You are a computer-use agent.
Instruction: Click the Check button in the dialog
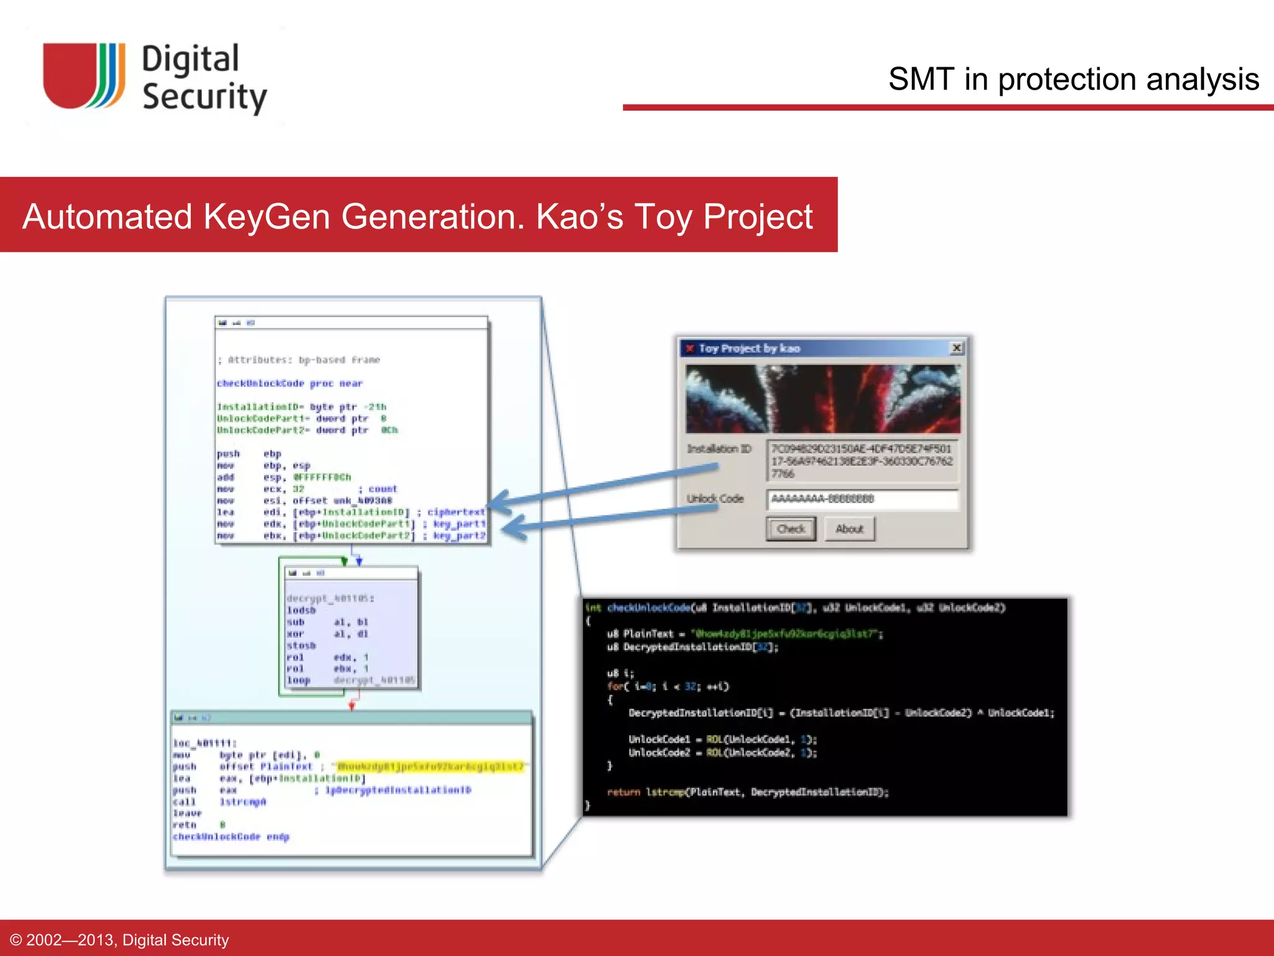[x=791, y=529]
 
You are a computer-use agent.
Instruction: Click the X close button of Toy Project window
[x=957, y=348]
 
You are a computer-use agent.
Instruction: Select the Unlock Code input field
[x=862, y=499]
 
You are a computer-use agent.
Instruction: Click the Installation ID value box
[x=862, y=461]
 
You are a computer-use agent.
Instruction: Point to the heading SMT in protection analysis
[x=1073, y=80]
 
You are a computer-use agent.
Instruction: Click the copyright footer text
[x=119, y=940]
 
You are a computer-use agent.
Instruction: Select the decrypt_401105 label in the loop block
[x=330, y=598]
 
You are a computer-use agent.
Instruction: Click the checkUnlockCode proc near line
[x=290, y=383]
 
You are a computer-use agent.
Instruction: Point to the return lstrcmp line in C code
[x=748, y=792]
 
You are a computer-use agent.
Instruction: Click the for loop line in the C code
[x=667, y=687]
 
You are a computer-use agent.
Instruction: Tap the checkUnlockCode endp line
[x=231, y=837]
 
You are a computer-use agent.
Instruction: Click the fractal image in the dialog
[x=822, y=399]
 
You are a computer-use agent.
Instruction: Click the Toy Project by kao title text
[x=749, y=349]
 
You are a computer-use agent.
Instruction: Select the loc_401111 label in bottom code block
[x=203, y=743]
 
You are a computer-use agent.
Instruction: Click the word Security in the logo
[x=204, y=97]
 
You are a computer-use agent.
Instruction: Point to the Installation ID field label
[x=718, y=449]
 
